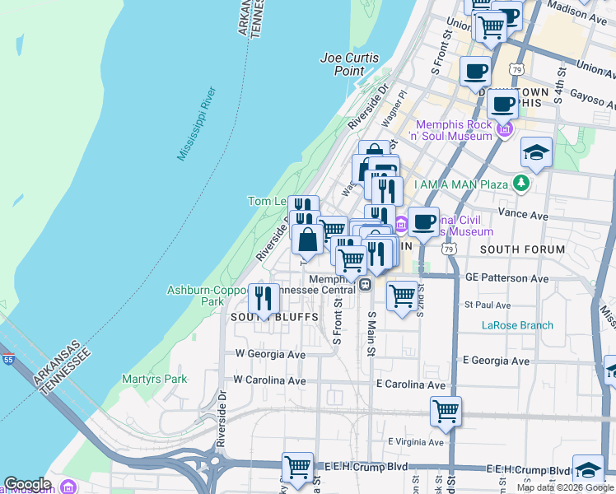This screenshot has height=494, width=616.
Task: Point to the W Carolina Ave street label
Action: [x=269, y=380]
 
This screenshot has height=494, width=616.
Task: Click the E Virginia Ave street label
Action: [x=409, y=442]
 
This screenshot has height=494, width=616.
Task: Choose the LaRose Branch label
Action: [x=517, y=325]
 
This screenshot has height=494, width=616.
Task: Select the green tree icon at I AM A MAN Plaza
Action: [x=520, y=183]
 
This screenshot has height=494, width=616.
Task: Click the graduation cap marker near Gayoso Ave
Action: [x=536, y=153]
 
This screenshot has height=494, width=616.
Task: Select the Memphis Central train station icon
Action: [x=364, y=285]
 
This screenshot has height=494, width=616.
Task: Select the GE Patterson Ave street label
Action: [x=506, y=278]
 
